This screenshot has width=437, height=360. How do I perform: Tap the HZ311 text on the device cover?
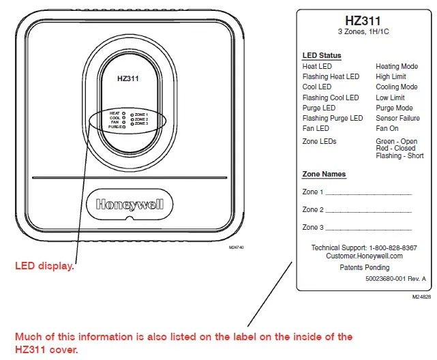[128, 78]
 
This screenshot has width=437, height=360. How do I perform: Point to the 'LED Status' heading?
[322, 55]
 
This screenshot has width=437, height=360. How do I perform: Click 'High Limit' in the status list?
[391, 77]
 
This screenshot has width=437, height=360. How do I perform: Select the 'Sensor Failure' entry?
[397, 118]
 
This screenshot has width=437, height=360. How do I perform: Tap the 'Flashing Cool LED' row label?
[331, 97]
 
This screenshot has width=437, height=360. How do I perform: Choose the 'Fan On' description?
[387, 128]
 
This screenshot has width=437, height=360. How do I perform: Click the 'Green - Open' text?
[397, 142]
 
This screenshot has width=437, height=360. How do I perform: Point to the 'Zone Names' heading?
[324, 175]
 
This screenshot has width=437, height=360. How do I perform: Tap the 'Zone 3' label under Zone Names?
[313, 227]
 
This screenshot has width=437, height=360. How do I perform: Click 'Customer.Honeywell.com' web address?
[364, 256]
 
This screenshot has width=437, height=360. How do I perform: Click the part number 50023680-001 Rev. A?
[395, 280]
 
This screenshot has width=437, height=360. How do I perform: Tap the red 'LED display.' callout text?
[44, 266]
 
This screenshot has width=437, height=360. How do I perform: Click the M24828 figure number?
[421, 298]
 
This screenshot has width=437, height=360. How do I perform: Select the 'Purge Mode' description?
[395, 108]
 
